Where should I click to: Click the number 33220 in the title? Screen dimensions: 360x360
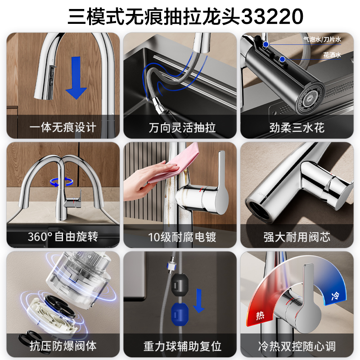[x=272, y=16]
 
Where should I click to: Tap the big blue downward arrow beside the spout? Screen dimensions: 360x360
[x=76, y=78]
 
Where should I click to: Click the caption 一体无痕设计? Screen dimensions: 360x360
[x=63, y=127]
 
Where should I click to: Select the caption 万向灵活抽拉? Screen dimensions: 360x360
[x=182, y=127]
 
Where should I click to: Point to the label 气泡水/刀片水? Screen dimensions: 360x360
[x=322, y=39]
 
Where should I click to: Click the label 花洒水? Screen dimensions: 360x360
[x=332, y=55]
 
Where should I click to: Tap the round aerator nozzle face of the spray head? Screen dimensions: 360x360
[x=310, y=99]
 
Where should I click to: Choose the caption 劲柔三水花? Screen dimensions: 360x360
[x=297, y=127]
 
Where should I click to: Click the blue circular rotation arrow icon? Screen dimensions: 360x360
[x=62, y=182]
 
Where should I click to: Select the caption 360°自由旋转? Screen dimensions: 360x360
[x=63, y=237]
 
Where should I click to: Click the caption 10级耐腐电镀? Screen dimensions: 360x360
[x=182, y=237]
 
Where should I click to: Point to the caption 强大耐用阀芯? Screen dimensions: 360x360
[x=297, y=237]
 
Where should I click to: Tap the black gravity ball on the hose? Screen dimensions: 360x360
[x=180, y=285]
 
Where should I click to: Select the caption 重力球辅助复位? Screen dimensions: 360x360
[x=182, y=346]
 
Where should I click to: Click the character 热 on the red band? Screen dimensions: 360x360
[x=261, y=315]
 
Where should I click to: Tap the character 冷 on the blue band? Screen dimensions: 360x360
[x=335, y=296]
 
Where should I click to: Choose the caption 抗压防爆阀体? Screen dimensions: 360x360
[x=63, y=346]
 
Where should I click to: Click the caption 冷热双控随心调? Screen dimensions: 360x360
[x=297, y=346]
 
